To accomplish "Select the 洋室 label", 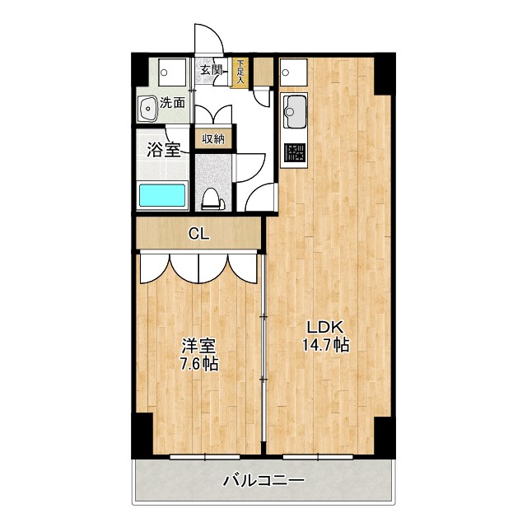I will (x=198, y=346).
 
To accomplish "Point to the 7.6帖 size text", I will (x=198, y=363).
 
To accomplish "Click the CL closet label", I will (x=198, y=234).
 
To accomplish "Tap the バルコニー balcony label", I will (x=264, y=480).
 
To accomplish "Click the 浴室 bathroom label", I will (x=164, y=150).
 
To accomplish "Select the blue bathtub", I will (x=162, y=196).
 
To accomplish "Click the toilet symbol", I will (x=212, y=198).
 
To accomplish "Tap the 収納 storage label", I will (x=213, y=138).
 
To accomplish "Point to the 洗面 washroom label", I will (x=173, y=104).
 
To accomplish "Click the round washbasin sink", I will (x=149, y=107).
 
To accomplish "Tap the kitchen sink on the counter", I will (x=294, y=108).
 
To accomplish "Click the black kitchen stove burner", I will (x=294, y=152).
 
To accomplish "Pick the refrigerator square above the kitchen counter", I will (x=292, y=74).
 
